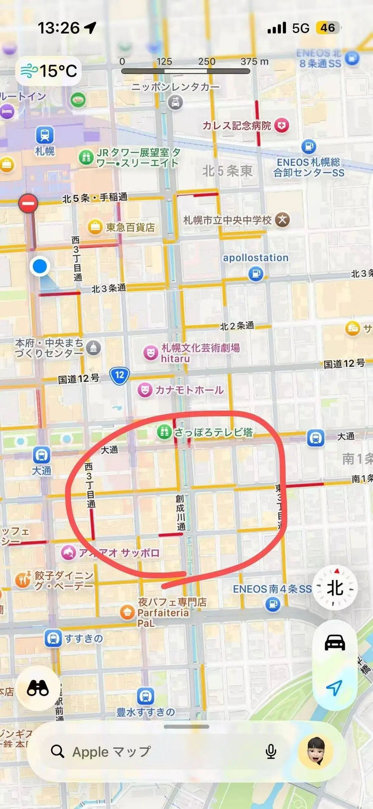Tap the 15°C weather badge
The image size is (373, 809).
(x=48, y=70)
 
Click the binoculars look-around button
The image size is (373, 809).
(x=38, y=688)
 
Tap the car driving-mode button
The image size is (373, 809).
(x=335, y=643)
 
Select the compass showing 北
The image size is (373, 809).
(x=335, y=588)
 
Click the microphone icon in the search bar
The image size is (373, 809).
(x=271, y=752)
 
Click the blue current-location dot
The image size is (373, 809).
(x=39, y=266)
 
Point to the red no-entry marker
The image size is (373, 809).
(x=28, y=203)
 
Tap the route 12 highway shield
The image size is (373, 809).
(x=120, y=376)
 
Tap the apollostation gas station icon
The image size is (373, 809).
(x=256, y=274)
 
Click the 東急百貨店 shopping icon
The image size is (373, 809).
(x=95, y=227)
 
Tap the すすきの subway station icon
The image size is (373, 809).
(x=53, y=638)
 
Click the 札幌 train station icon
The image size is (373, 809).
(x=45, y=134)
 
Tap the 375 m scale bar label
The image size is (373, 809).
(x=254, y=61)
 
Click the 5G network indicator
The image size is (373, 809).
(x=301, y=28)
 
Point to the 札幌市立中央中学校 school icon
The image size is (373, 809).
(x=283, y=220)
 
